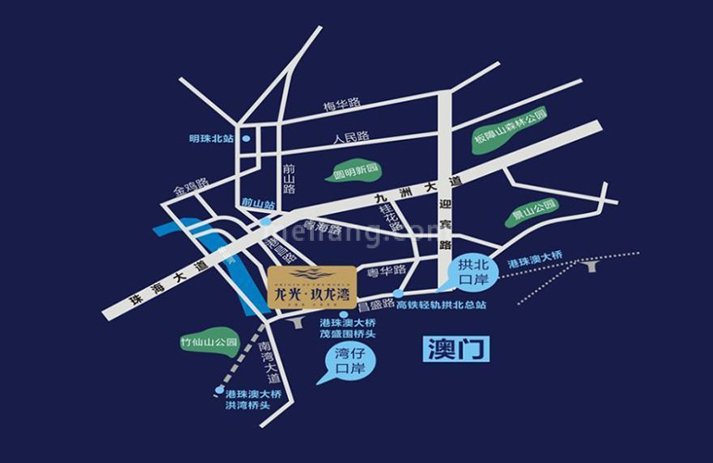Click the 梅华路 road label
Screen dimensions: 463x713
click(x=342, y=105)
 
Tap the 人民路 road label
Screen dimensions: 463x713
click(x=351, y=137)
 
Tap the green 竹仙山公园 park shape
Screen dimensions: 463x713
click(x=209, y=342)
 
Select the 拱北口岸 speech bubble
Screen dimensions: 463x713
click(x=476, y=271)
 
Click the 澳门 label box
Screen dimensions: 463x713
click(x=456, y=349)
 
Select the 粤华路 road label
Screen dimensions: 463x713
click(x=387, y=271)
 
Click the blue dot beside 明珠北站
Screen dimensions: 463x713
click(x=247, y=139)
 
